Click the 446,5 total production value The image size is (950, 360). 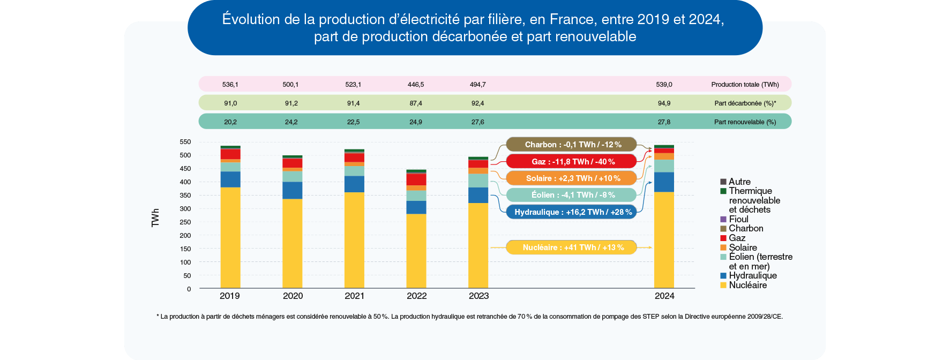tap(415, 85)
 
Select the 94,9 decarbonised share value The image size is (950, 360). tap(664, 103)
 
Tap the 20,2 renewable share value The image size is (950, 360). tap(230, 122)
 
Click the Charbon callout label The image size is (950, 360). tap(572, 145)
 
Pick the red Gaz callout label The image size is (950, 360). tap(572, 162)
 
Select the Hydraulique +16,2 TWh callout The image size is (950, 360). tap(572, 212)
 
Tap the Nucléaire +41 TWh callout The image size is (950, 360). tap(572, 247)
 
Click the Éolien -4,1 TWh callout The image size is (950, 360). tap(572, 195)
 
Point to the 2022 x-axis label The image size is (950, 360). tap(416, 296)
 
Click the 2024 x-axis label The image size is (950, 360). tap(664, 296)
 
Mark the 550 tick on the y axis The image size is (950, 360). tap(185, 142)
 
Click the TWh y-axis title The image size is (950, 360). tap(155, 218)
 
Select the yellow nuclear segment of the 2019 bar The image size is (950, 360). tap(230, 238)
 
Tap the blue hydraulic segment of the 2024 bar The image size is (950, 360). tap(664, 182)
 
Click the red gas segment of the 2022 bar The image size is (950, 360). tap(416, 179)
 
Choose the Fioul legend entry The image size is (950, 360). tap(738, 219)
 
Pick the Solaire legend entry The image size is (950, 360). tap(742, 247)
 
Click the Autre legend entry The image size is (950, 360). tap(739, 182)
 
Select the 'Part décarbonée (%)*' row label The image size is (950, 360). tap(745, 103)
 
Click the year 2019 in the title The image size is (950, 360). tap(653, 19)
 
